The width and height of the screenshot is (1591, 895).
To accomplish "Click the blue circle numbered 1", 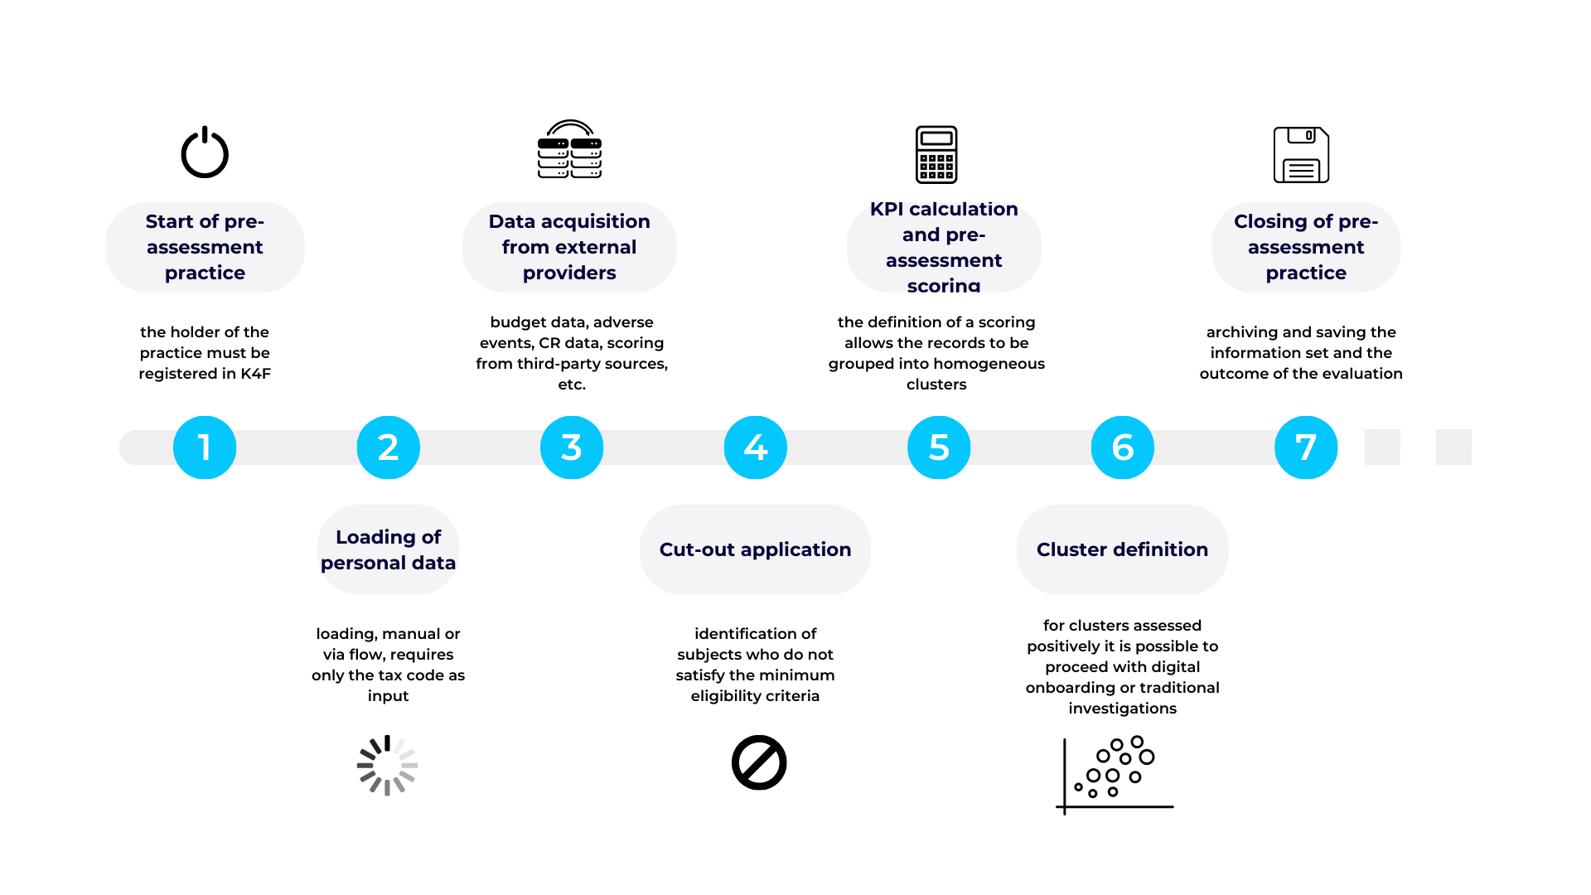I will point(205,447).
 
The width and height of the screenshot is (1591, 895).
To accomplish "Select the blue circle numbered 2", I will point(388,447).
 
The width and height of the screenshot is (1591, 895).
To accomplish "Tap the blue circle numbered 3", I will point(572,447).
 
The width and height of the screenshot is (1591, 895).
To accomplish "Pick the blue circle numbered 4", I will point(755,447).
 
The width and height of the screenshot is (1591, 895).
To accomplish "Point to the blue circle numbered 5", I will point(939,447).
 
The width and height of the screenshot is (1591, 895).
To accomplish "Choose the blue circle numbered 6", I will point(1122,447).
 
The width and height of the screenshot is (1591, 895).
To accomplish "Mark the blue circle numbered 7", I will point(1306,447).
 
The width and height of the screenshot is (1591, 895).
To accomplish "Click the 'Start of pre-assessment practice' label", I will point(205,247).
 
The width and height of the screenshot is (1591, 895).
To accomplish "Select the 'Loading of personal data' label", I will point(388,549).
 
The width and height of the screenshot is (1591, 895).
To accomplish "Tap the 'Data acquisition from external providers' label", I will point(569,247).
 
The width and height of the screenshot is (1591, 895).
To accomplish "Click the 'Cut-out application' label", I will point(755,549).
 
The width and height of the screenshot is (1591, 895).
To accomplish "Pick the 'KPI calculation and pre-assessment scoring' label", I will point(944,247).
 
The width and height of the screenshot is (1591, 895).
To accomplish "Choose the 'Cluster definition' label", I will point(1122,549).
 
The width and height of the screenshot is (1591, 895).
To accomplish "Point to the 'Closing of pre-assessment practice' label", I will point(1306,247).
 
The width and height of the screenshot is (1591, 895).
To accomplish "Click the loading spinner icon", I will point(387,767).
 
